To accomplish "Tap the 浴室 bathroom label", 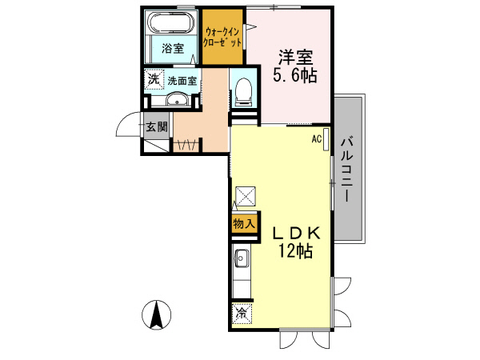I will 172,48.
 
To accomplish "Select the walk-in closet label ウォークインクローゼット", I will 222,37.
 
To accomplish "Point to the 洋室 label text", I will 295,58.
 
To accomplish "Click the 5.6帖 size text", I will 295,77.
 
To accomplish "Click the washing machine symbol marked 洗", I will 153,81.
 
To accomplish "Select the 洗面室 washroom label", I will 182,81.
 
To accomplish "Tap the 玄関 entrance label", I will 157,126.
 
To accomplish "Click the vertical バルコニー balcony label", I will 346,170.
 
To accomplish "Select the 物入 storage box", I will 243,225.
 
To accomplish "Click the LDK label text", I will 297,233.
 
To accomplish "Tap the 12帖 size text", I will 295,251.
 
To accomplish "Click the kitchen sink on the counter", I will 242,258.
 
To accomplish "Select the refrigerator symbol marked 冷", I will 242,313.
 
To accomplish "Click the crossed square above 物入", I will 245,195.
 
